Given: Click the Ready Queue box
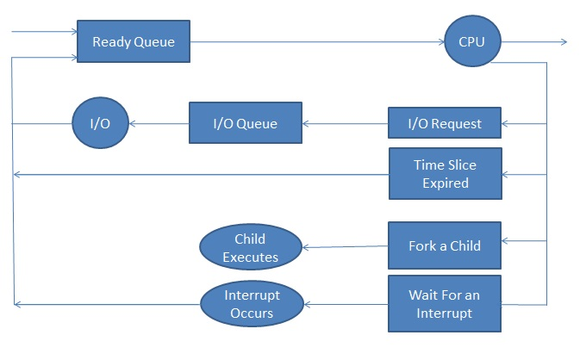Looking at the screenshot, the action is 134,41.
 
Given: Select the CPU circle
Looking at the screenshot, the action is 472,41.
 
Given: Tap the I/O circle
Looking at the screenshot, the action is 100,123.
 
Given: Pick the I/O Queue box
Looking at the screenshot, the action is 246,122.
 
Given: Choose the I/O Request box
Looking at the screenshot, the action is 445,123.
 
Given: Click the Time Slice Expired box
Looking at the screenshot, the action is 446,174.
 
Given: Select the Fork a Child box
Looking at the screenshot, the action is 445,245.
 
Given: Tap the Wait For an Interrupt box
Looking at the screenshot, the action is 445,304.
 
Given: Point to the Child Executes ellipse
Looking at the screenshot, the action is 251,247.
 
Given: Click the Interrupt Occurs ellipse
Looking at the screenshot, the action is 252,304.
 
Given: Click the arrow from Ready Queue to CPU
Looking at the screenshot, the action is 317,42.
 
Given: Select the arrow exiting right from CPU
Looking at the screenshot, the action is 534,42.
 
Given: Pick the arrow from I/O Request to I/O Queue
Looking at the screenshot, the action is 345,124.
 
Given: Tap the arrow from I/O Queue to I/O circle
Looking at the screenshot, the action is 159,124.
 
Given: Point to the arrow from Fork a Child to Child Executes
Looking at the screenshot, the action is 345,246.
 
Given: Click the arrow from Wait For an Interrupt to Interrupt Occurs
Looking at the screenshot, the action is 346,304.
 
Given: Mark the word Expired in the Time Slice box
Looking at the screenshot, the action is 446,183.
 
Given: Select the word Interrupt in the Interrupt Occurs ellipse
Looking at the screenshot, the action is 252,295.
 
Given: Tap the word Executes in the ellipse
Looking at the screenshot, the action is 251,257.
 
